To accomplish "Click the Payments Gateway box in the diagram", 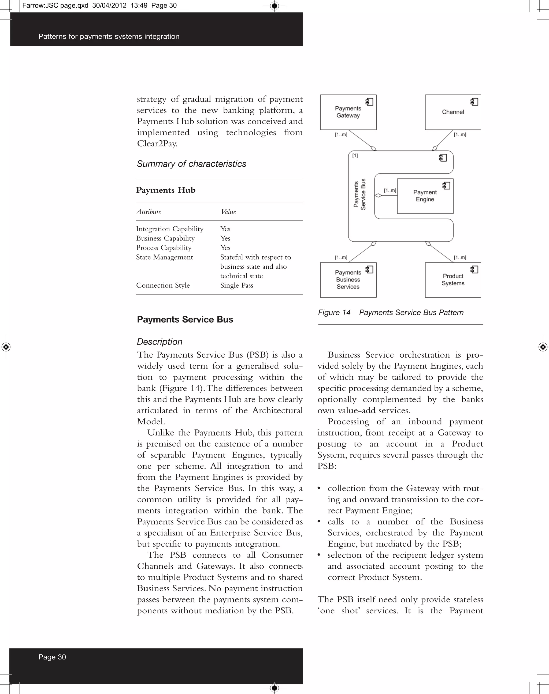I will point(348,112).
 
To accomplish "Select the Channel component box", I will point(452,112).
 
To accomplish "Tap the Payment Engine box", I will point(425,196).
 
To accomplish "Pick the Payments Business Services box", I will point(348,280).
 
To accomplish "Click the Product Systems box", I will point(452,280).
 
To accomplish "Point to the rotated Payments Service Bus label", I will point(360,194).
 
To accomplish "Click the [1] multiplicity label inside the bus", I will point(355,156).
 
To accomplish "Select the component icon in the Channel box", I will point(474,102).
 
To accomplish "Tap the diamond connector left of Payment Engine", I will point(378,195).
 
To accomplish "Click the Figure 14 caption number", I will point(334,313).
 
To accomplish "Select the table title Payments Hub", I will point(166,190).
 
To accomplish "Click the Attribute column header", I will point(149,212).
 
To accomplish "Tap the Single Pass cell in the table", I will point(237,285).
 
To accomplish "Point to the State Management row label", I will point(164,257).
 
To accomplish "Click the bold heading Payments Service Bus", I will point(185,320).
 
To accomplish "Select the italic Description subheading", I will point(159,342).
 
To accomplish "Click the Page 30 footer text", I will point(52,657).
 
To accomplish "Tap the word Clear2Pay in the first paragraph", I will point(157,144).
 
